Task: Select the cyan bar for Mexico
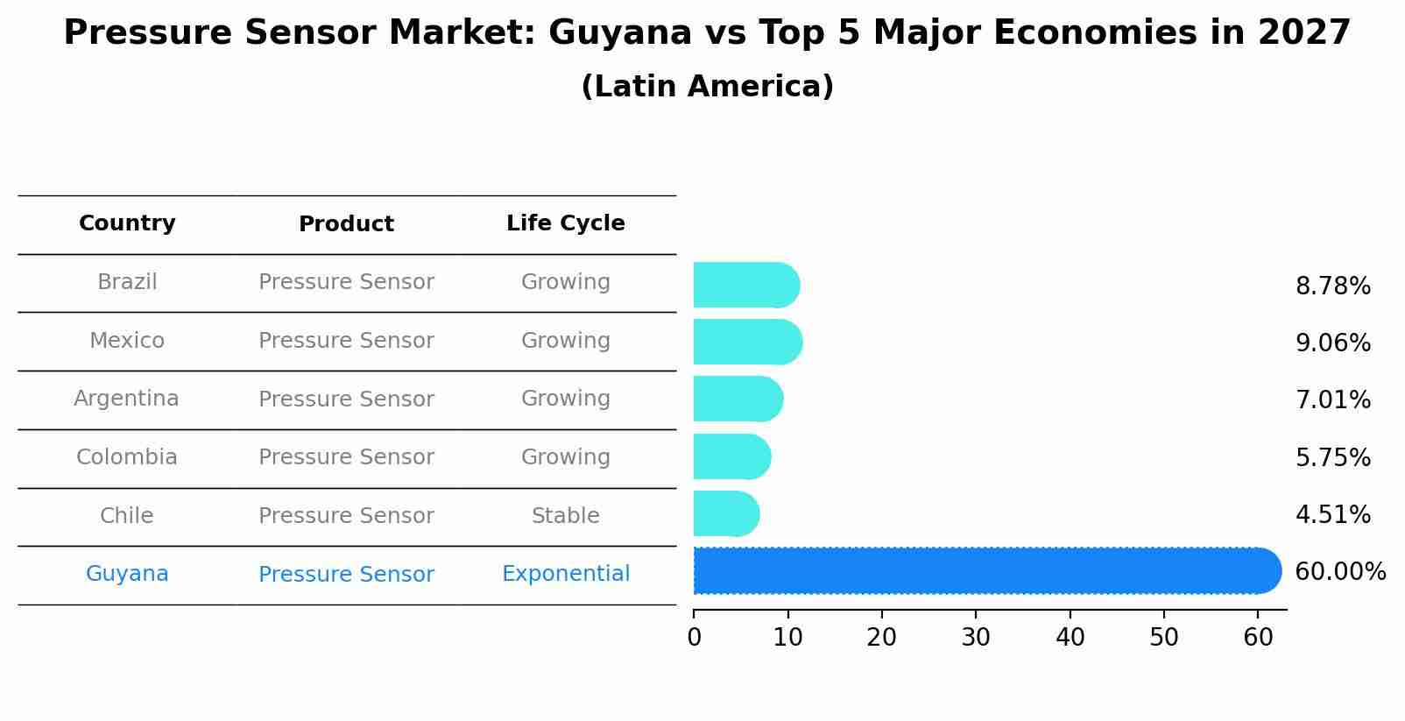click(746, 342)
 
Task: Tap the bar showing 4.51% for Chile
click(725, 513)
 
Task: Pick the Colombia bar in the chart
click(731, 456)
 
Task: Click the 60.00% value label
click(1339, 572)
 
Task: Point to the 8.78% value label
click(1332, 286)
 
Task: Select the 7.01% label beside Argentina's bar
click(1332, 400)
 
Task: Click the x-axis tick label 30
click(976, 638)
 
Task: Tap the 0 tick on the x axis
click(695, 638)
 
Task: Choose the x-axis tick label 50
click(1164, 638)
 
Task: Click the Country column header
click(127, 223)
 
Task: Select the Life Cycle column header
click(565, 223)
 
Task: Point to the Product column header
click(346, 224)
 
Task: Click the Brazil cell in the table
click(127, 282)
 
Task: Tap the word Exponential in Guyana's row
click(565, 574)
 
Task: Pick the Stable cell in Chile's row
click(565, 516)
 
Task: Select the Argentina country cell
click(126, 399)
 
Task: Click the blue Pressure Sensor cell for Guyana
click(346, 575)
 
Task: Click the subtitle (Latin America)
click(707, 87)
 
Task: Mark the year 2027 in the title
click(1303, 33)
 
